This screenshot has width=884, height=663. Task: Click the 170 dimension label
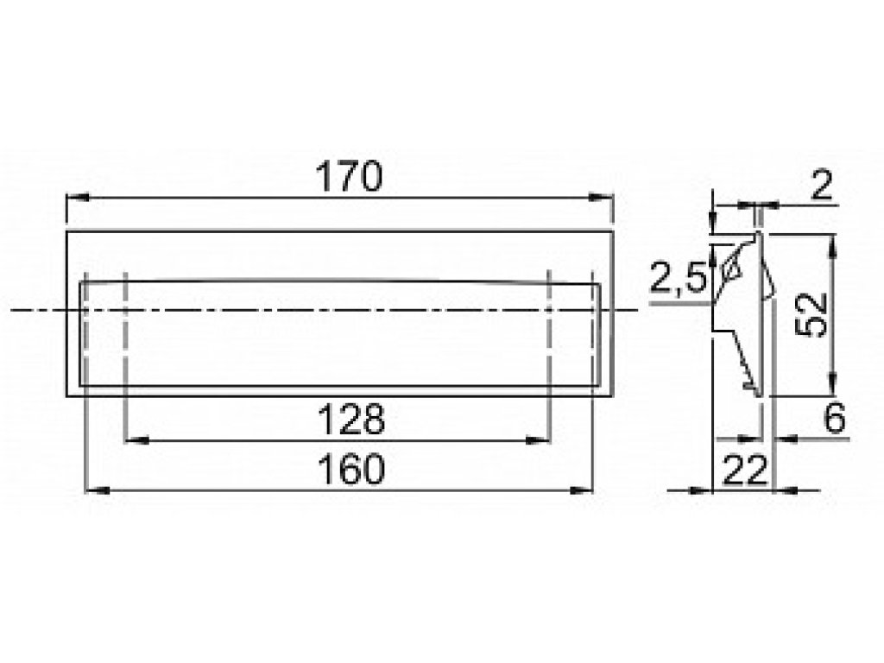point(349,176)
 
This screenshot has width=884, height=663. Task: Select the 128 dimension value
point(350,420)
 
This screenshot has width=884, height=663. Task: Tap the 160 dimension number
point(350,470)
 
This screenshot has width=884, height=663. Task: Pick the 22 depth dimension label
point(744,470)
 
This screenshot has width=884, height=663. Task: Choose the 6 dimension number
point(835,419)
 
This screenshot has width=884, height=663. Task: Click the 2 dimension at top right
point(822,185)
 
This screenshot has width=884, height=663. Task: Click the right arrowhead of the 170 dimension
point(601,198)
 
